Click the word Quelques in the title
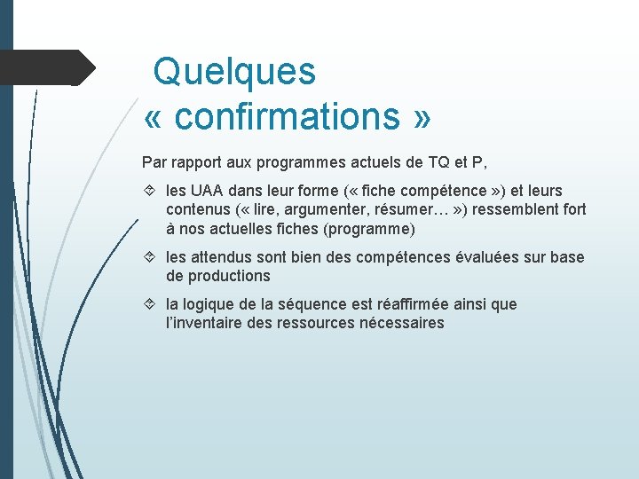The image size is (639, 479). pos(234,71)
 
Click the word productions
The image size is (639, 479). pos(228,276)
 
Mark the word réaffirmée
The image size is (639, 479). pos(416,304)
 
